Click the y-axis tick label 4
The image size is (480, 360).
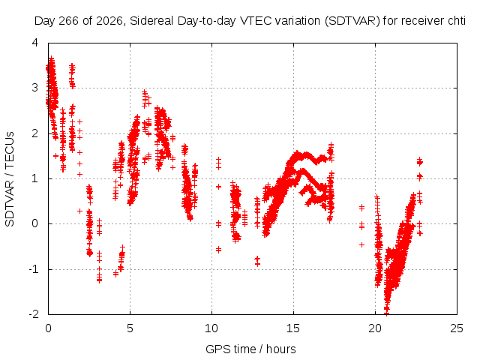point(35,43)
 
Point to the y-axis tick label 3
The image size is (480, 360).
point(35,88)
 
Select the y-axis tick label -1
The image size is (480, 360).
point(33,269)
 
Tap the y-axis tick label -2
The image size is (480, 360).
point(33,314)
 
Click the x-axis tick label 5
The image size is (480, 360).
point(130,328)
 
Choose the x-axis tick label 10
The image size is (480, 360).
point(211,328)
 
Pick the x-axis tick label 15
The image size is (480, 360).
point(293,328)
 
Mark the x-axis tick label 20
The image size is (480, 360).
point(375,328)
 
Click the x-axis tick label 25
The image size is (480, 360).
point(457,328)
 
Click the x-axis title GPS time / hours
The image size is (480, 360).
point(250,349)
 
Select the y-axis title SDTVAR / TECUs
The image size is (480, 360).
point(10,179)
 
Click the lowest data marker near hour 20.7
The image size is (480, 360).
point(387,313)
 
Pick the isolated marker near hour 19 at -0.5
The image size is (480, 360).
point(361,244)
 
